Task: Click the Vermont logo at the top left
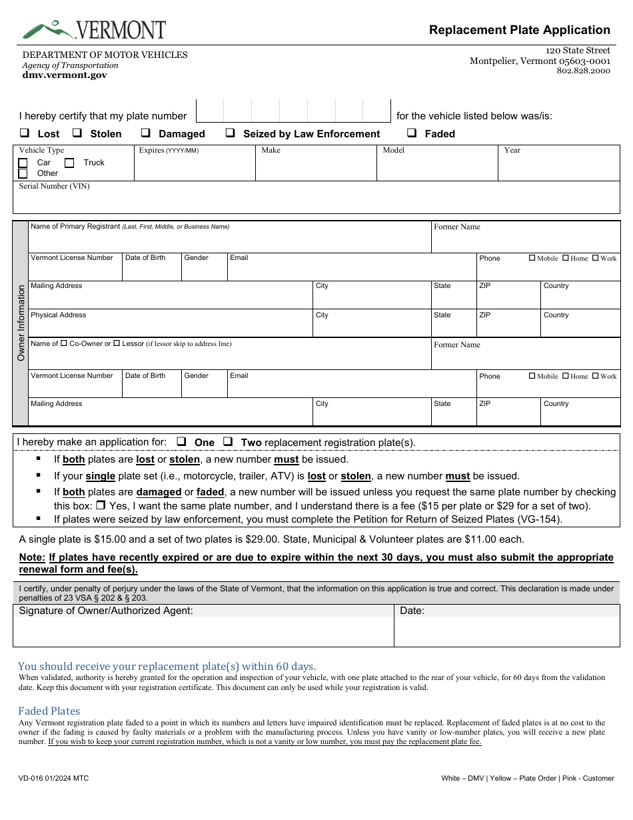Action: (93, 30)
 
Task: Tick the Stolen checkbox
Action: (77, 133)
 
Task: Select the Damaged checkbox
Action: (145, 133)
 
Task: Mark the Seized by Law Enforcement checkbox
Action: (230, 133)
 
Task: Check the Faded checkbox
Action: (412, 133)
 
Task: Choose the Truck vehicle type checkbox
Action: (69, 163)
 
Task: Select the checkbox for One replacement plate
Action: (181, 441)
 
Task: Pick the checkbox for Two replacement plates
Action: (227, 441)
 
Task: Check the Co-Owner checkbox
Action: (64, 344)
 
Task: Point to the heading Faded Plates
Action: (49, 711)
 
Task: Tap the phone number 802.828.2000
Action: (583, 71)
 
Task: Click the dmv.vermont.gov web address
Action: (65, 75)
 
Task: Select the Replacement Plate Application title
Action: (519, 30)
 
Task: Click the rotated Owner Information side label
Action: (21, 323)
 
